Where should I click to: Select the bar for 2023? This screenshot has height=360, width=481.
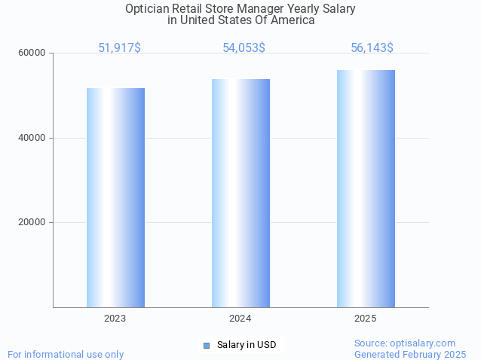[115, 197]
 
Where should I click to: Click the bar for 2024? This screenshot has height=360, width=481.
[240, 193]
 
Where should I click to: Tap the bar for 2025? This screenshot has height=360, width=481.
[366, 188]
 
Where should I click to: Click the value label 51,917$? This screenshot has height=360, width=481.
[119, 48]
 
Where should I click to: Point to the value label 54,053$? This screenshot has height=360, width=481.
[244, 48]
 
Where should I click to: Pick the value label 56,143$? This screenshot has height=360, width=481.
[372, 48]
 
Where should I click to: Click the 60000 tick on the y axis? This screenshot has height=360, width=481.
[32, 53]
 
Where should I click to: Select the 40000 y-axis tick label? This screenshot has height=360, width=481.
[32, 138]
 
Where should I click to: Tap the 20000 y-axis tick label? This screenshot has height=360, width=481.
[32, 223]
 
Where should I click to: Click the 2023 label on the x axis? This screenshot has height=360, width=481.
[115, 319]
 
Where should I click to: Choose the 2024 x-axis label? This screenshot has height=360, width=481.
[240, 319]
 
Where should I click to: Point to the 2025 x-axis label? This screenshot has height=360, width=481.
[366, 319]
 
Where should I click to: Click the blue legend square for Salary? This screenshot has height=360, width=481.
[206, 345]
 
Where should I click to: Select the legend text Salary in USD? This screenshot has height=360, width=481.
[247, 345]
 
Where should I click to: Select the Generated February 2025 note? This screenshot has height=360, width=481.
[410, 354]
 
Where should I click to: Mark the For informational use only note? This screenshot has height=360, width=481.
[66, 354]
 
